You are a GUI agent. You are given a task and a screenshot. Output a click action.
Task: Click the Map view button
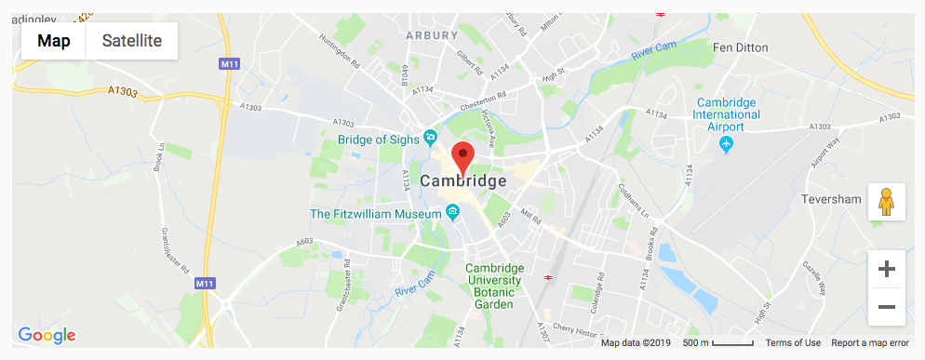pyautogui.click(x=54, y=41)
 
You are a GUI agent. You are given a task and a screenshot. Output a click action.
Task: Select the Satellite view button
pyautogui.click(x=132, y=41)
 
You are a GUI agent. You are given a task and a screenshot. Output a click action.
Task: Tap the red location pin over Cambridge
pyautogui.click(x=462, y=156)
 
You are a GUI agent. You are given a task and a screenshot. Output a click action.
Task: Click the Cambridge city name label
pyautogui.click(x=463, y=181)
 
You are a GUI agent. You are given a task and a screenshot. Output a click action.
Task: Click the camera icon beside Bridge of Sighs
pyautogui.click(x=430, y=139)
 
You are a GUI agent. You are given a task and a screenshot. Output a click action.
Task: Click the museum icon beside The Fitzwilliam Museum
pyautogui.click(x=453, y=213)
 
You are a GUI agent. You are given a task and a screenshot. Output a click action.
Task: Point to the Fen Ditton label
pyautogui.click(x=743, y=47)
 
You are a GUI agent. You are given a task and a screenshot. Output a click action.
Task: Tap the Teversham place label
pyautogui.click(x=831, y=200)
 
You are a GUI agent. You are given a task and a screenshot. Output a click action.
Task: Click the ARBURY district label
pyautogui.click(x=433, y=35)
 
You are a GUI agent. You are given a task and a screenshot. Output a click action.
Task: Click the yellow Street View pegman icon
pyautogui.click(x=886, y=202)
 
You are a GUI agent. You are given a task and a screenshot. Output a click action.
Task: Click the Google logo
pyautogui.click(x=47, y=335)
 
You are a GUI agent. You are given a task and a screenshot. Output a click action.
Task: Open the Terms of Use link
pyautogui.click(x=793, y=343)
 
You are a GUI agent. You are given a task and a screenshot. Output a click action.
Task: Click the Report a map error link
pyautogui.click(x=870, y=343)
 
